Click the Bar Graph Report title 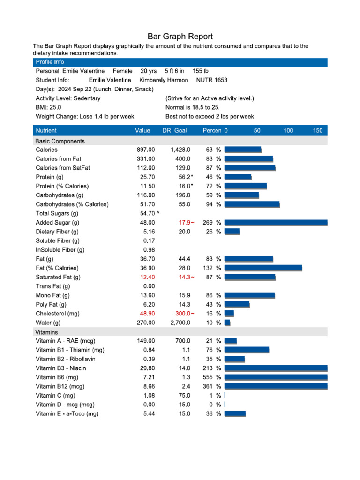pos(180,36)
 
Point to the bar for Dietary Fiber pos(232,232)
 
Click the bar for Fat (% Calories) pos(263,268)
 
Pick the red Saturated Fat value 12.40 pos(147,277)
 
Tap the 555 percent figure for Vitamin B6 pos(208,377)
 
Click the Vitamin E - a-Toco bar pos(235,414)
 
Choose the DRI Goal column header pos(174,131)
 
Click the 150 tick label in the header pos(318,131)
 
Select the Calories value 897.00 pos(145,150)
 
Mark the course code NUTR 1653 pos(211,80)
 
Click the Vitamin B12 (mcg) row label pos(60,387)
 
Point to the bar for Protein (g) pos(238,177)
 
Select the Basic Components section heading pos(60,141)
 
